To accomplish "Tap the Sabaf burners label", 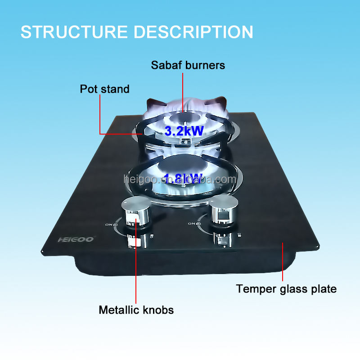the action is (188, 65).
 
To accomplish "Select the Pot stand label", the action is (104, 89).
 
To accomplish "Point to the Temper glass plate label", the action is (286, 289).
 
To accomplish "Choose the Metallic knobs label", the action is (136, 310).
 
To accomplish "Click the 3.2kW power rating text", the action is (184, 131).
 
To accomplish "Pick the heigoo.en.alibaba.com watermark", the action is (180, 180).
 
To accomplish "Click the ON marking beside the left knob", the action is (108, 224).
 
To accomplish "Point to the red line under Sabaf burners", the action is (183, 90).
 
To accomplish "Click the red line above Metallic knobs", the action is (135, 270).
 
